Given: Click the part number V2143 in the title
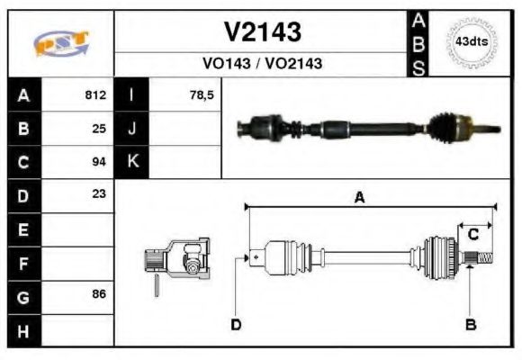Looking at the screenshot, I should tap(262, 33).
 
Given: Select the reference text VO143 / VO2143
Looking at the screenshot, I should tap(262, 64).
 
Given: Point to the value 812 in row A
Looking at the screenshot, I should tap(95, 94).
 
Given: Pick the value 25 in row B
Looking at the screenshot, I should tap(99, 129).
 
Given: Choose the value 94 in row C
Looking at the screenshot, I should tap(99, 162).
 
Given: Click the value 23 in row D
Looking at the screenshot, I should tap(99, 193).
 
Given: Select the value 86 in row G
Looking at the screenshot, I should tap(99, 293).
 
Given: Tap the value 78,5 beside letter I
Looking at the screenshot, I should tap(202, 94).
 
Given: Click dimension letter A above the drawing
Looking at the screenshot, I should tap(359, 198).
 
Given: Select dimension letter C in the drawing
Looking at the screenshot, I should tap(472, 235).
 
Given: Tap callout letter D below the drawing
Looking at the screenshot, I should tap(236, 324).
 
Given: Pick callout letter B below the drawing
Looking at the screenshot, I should tap(470, 324).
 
